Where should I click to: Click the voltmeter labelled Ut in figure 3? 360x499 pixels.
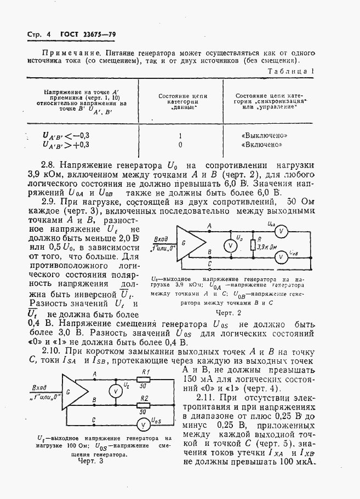pos(116,392)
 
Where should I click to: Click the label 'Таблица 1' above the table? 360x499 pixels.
pos(290,71)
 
